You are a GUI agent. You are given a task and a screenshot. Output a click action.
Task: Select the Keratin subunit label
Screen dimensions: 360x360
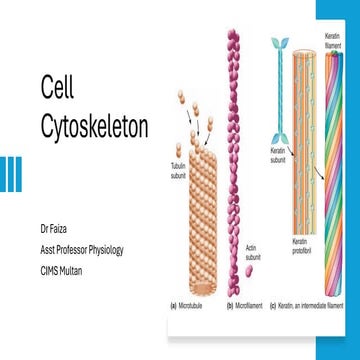tap(279, 154)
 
